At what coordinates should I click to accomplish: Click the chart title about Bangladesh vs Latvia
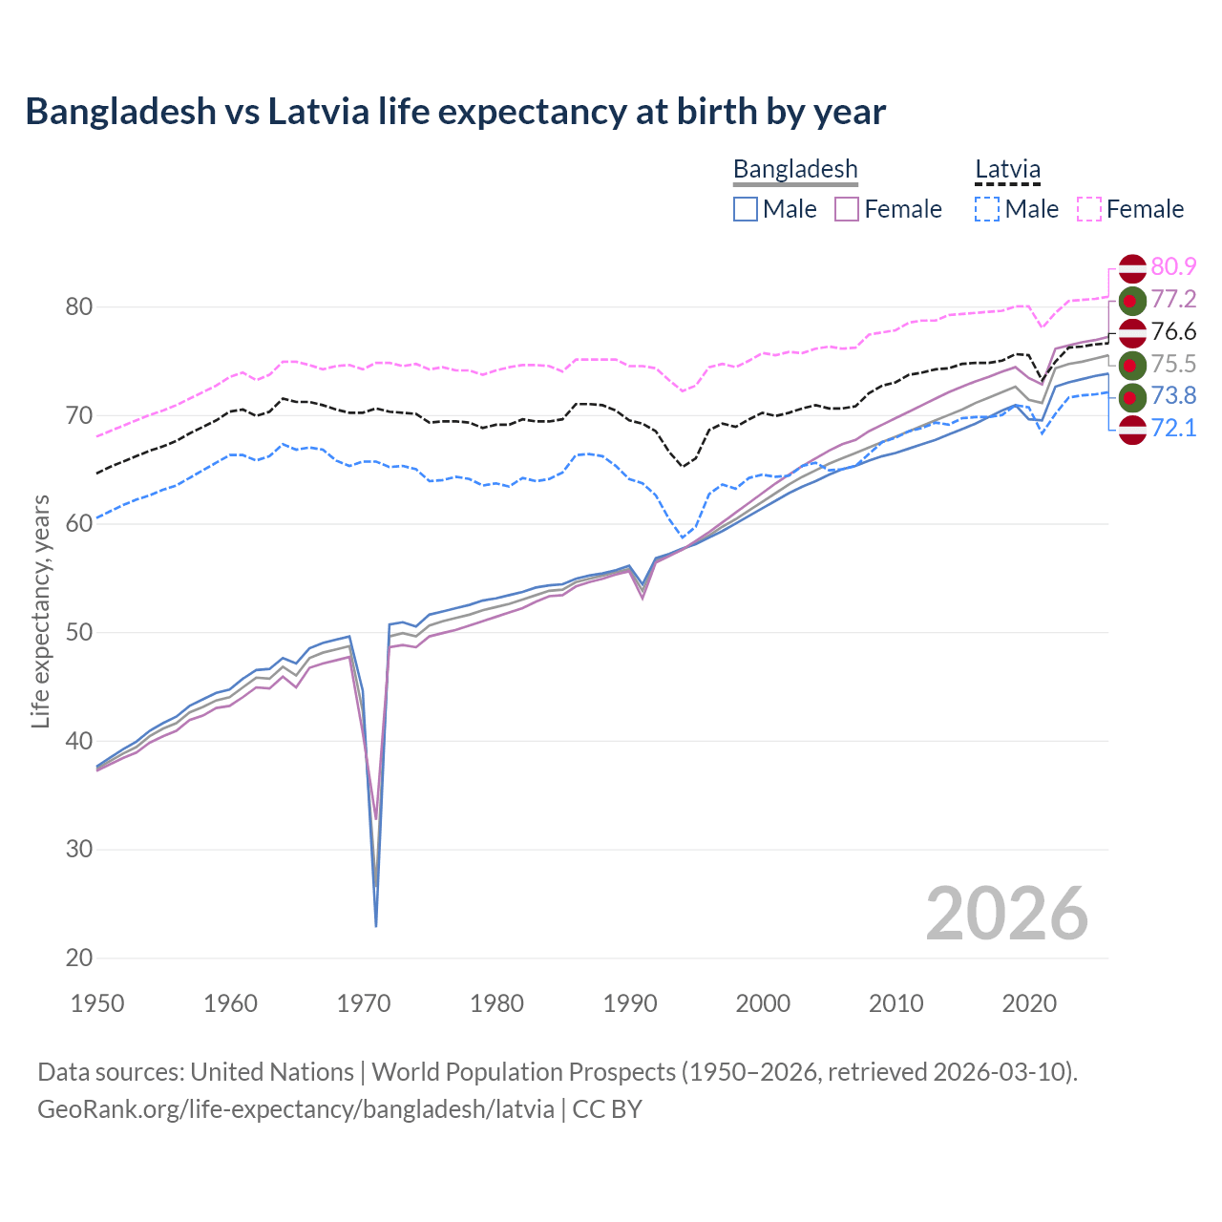click(x=455, y=112)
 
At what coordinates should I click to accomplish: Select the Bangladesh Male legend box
click(x=746, y=209)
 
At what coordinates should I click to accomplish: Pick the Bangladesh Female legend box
click(x=847, y=209)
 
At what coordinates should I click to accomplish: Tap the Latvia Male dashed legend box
click(x=987, y=209)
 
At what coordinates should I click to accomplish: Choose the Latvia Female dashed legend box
click(x=1089, y=209)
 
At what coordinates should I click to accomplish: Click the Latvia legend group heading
click(x=1007, y=170)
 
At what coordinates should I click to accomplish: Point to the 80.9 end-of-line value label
click(x=1173, y=267)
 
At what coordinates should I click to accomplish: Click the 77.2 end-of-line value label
click(x=1173, y=300)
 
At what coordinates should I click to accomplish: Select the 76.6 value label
click(x=1173, y=332)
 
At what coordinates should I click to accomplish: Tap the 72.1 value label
click(x=1173, y=428)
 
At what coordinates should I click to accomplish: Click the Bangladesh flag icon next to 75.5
click(x=1132, y=364)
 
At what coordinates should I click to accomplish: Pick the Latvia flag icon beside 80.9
click(x=1132, y=268)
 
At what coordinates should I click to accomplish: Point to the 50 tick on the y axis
click(x=79, y=632)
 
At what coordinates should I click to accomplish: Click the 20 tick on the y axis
click(x=79, y=958)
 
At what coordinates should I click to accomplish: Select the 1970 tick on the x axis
click(x=364, y=1003)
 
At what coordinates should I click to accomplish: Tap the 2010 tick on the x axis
click(x=895, y=1003)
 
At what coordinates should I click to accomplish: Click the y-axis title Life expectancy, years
click(x=41, y=611)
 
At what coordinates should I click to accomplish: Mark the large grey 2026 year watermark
click(x=1006, y=914)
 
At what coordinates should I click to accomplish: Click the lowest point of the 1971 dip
click(x=376, y=925)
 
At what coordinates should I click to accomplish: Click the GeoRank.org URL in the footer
click(x=296, y=1109)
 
